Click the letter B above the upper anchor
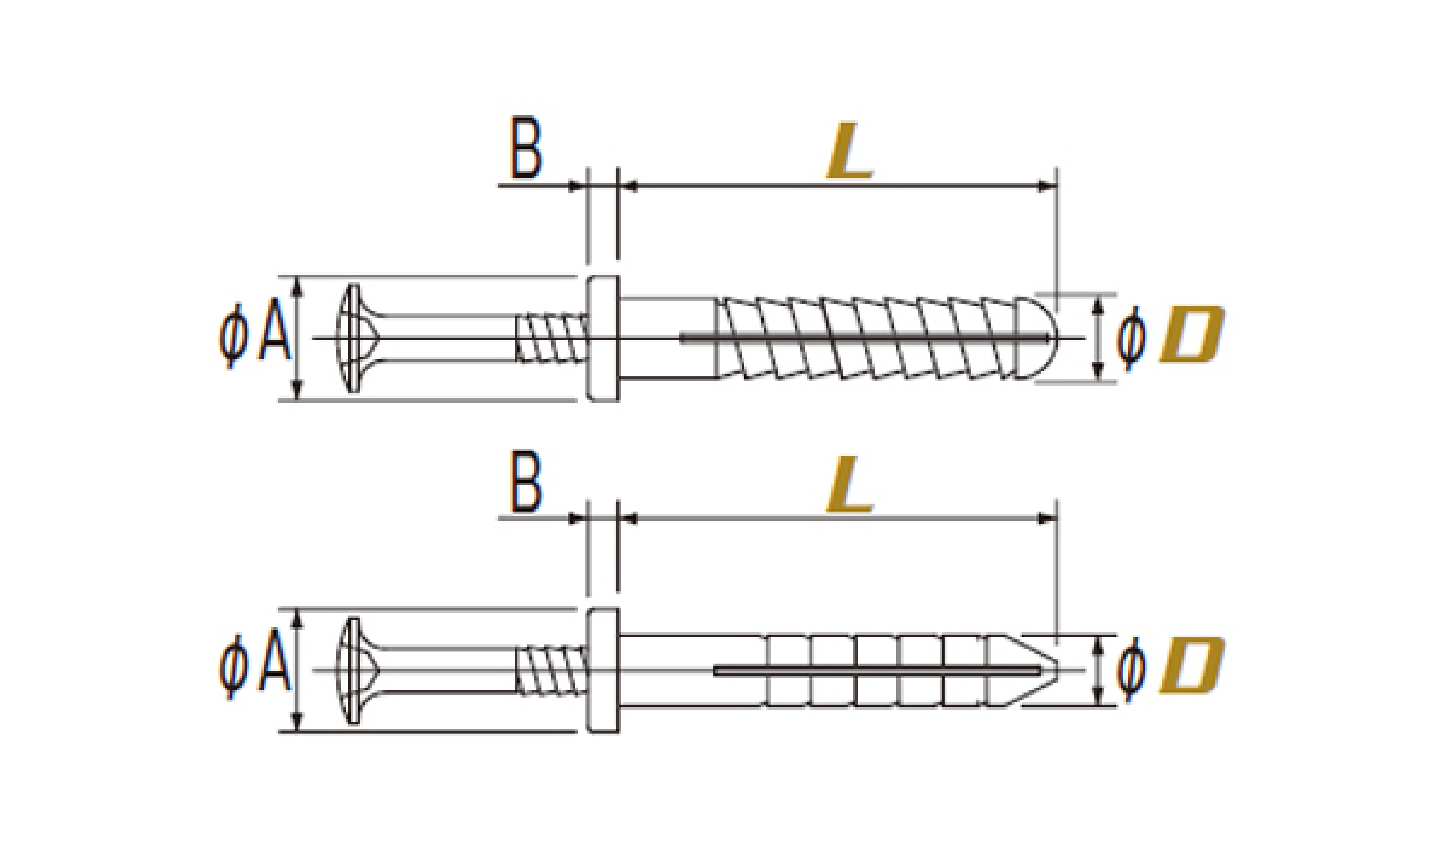click(x=526, y=148)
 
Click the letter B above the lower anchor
click(x=526, y=481)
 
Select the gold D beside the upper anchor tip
click(x=1192, y=335)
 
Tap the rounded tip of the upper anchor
click(x=1038, y=338)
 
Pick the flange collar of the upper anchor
click(x=603, y=338)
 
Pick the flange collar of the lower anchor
click(x=603, y=671)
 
